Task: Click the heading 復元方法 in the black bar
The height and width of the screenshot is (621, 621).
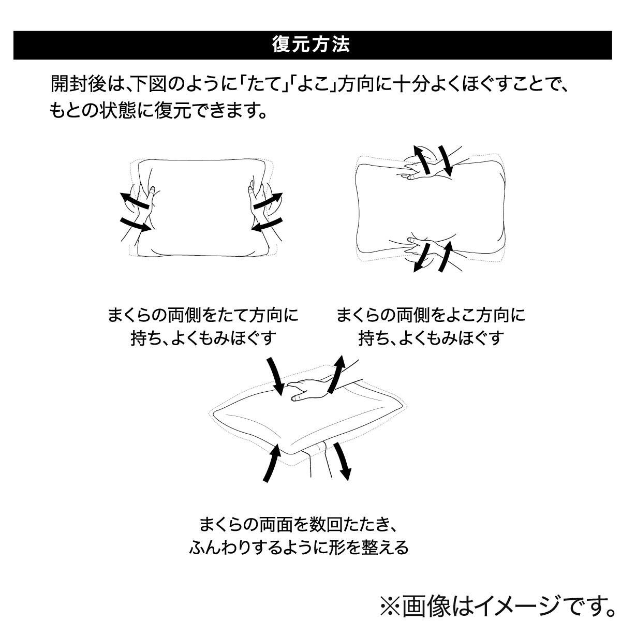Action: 311,45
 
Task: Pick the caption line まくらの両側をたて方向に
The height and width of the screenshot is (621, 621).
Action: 203,315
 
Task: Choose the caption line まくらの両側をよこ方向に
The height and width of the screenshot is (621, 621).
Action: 431,315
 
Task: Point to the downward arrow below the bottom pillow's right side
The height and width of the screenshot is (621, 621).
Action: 342,461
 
